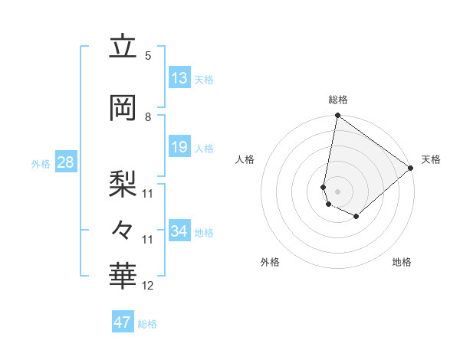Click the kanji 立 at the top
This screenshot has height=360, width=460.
click(123, 47)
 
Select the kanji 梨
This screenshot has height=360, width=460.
click(123, 182)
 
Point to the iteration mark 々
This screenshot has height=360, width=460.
click(123, 228)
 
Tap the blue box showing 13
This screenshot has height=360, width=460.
click(179, 78)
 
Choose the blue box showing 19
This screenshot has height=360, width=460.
click(179, 148)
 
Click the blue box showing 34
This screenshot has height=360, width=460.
click(179, 231)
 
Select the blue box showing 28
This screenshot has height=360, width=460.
click(65, 162)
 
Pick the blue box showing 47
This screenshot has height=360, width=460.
click(123, 322)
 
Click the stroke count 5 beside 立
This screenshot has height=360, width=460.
click(148, 56)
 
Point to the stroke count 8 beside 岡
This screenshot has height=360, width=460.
click(148, 117)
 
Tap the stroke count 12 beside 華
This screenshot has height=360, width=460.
click(148, 286)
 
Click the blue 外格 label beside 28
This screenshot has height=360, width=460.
click(41, 163)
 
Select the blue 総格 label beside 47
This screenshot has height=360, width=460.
click(147, 324)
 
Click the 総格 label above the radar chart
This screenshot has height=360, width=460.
click(338, 100)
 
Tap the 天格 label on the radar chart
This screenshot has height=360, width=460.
click(431, 159)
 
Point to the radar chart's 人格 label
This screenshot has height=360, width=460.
click(245, 159)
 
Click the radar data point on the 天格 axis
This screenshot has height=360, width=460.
click(412, 168)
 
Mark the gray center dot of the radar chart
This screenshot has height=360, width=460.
click(338, 191)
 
